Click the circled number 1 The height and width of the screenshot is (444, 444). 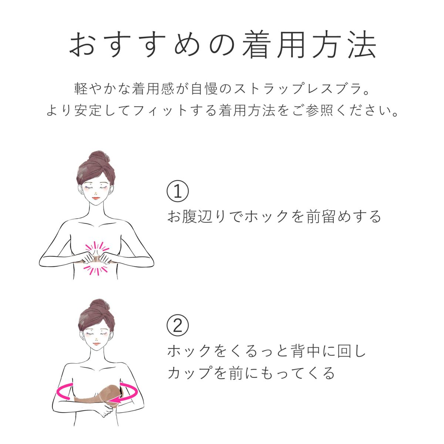click(x=178, y=191)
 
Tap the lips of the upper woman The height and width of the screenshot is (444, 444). click(x=96, y=198)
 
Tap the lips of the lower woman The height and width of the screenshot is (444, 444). click(x=97, y=344)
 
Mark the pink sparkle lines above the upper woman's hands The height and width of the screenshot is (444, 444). click(x=97, y=248)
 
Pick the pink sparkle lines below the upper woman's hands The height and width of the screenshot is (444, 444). click(x=96, y=270)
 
